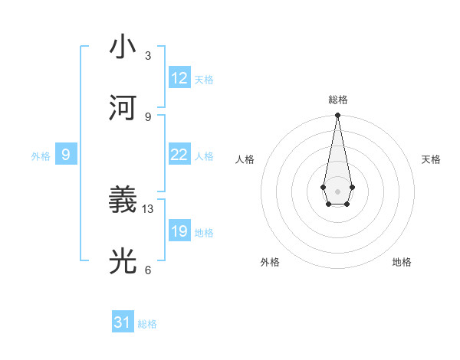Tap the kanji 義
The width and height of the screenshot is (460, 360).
click(x=123, y=201)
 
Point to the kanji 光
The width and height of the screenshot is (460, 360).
click(x=123, y=261)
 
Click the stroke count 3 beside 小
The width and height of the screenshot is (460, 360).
click(x=148, y=56)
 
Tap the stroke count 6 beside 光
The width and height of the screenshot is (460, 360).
click(x=148, y=270)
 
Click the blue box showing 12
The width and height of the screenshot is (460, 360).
click(x=179, y=78)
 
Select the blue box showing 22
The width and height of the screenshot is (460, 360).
click(x=179, y=155)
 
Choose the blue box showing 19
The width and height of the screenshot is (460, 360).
click(x=179, y=231)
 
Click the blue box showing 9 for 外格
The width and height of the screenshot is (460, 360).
click(x=66, y=155)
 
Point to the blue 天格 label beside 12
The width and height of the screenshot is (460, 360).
click(x=204, y=80)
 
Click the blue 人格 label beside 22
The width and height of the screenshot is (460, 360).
click(x=204, y=156)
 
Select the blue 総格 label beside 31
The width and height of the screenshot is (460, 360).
click(x=147, y=324)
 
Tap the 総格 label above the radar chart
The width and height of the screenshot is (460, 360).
click(x=337, y=100)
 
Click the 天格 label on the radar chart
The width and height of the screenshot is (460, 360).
click(x=431, y=159)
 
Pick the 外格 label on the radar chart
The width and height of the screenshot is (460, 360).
click(x=270, y=262)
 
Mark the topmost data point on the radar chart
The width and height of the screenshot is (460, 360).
click(x=337, y=116)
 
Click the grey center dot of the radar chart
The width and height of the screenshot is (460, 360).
click(x=337, y=190)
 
